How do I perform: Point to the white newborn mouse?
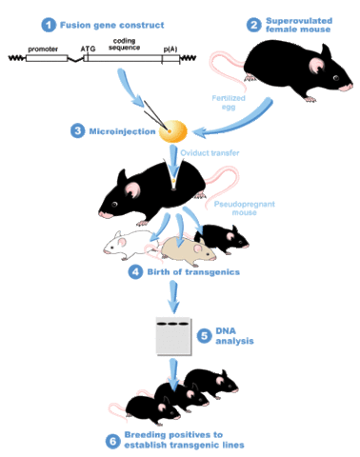pos(125,246)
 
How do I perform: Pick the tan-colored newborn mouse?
pos(187,251)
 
